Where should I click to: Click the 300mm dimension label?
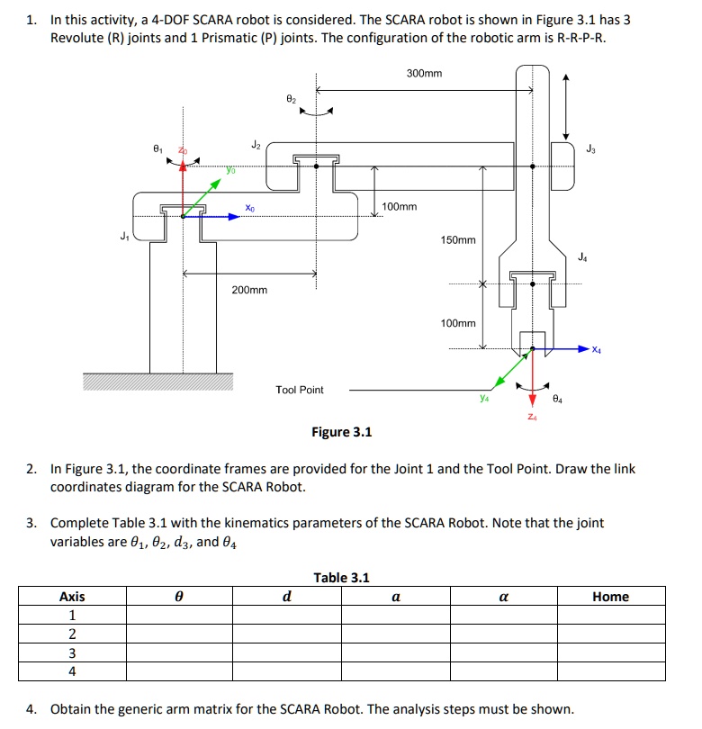tap(424, 73)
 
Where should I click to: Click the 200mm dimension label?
tap(249, 290)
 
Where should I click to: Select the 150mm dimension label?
tap(458, 240)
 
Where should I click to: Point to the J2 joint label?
tap(256, 145)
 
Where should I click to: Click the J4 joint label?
tap(585, 257)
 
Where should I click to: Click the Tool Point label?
tap(300, 390)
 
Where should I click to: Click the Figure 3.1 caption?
tap(342, 432)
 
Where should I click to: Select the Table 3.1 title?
tap(341, 578)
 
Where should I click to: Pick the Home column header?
tap(610, 597)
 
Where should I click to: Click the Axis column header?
tap(72, 597)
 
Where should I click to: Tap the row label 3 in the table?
tap(72, 652)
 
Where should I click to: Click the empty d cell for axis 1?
tap(286, 616)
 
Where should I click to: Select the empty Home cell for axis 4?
tap(610, 671)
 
